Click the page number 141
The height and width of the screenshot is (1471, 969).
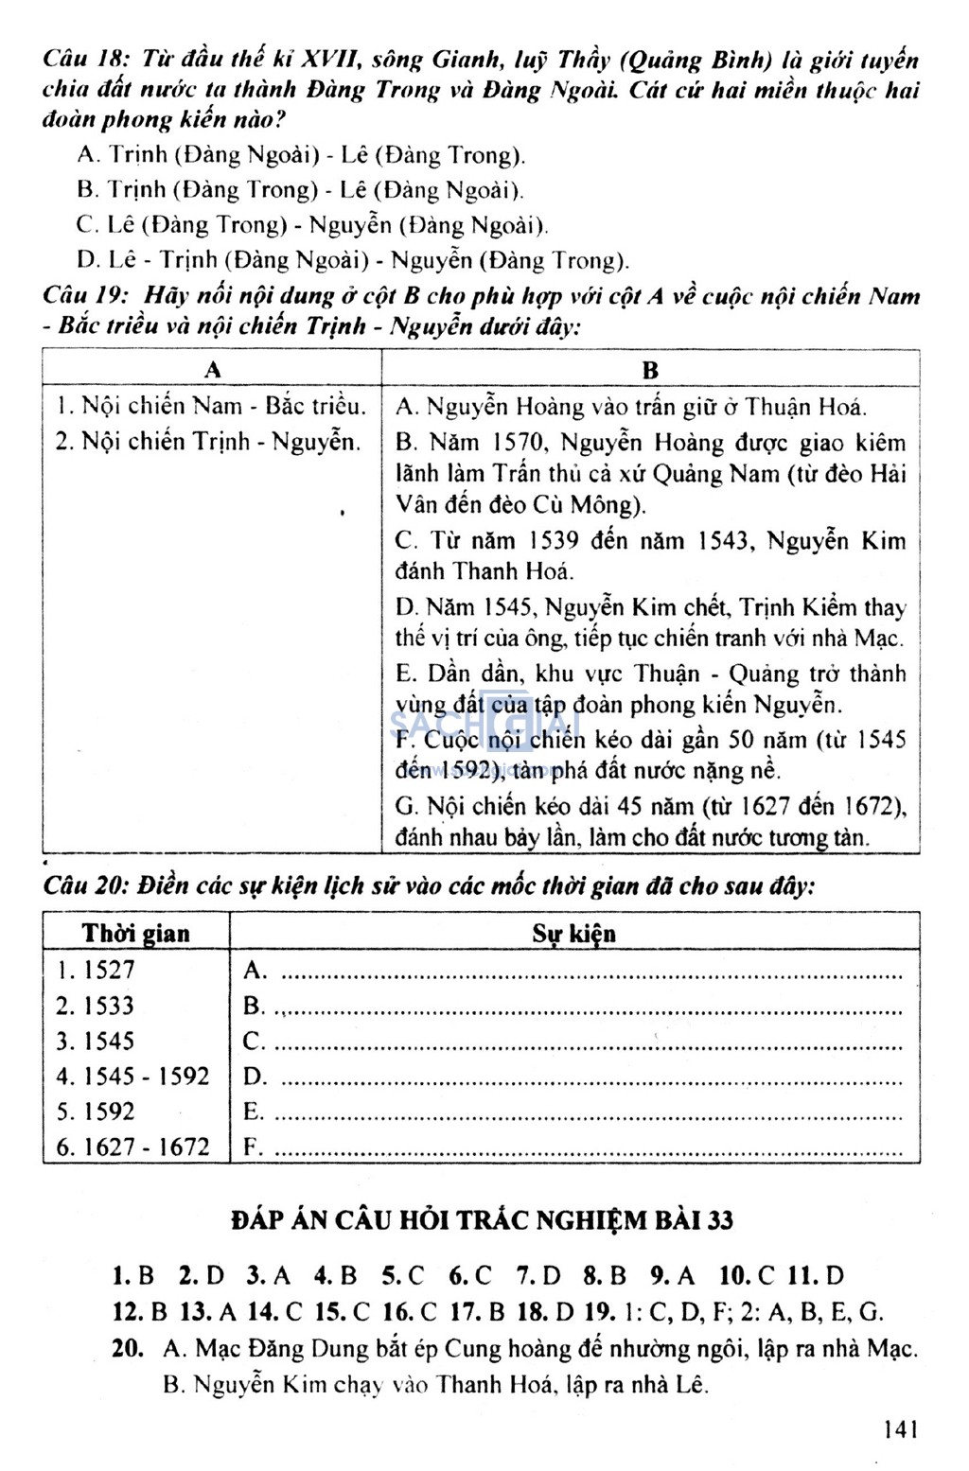[900, 1428]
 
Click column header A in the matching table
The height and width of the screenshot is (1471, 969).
[212, 369]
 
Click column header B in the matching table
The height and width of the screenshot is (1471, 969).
[650, 370]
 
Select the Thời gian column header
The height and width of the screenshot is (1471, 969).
[135, 933]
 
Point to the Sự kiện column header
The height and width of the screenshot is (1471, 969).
[573, 933]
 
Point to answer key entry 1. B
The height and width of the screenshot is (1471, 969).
[132, 1275]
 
